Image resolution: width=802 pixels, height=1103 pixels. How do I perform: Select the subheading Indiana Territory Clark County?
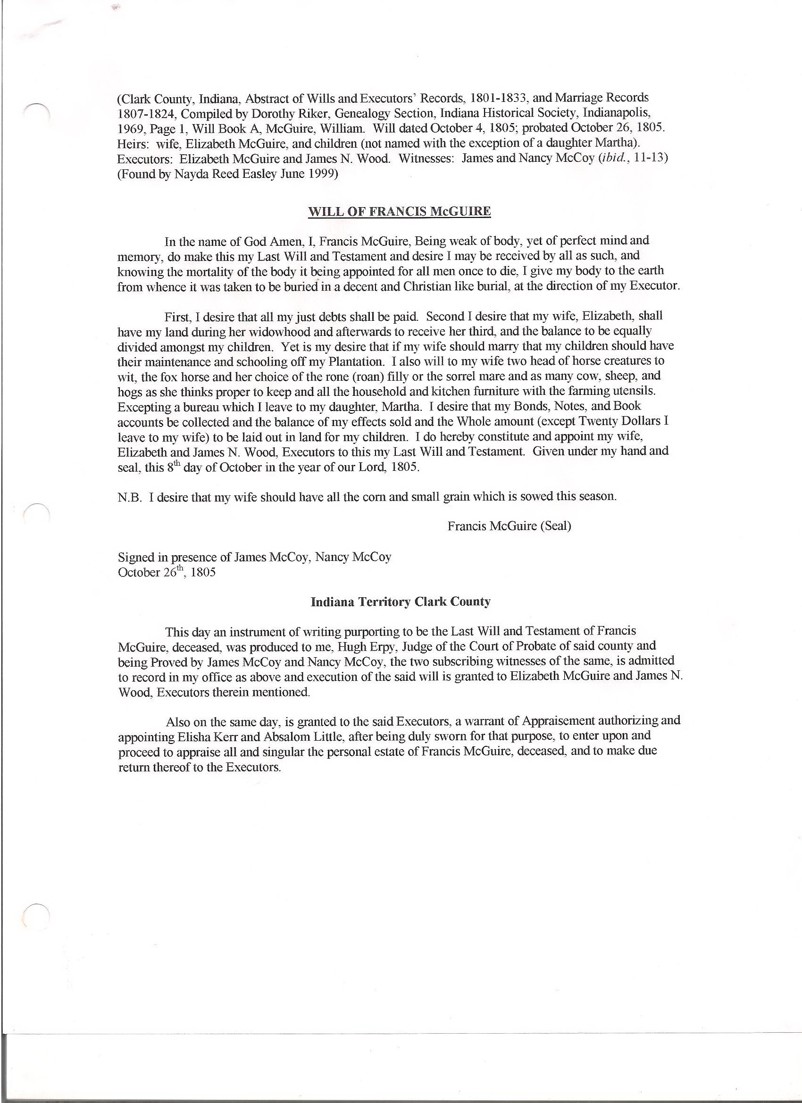(x=400, y=602)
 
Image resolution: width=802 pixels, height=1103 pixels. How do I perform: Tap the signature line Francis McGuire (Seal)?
(x=509, y=526)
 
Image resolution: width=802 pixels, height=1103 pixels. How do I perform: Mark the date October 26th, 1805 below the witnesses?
(x=167, y=572)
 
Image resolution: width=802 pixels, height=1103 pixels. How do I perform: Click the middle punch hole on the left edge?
(x=38, y=515)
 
